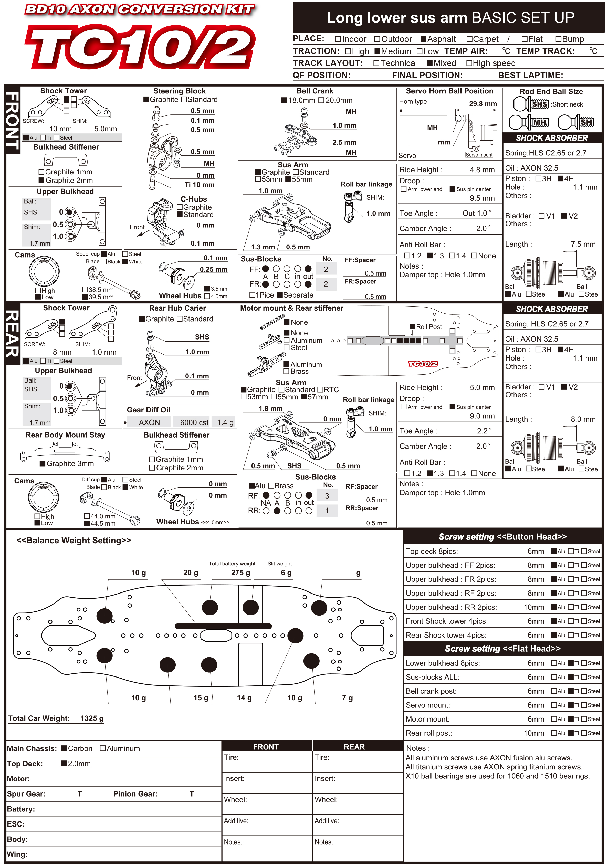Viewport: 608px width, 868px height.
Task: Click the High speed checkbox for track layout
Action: (469, 63)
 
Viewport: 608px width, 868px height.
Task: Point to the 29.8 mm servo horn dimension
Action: (483, 104)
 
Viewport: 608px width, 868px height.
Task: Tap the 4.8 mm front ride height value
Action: (482, 170)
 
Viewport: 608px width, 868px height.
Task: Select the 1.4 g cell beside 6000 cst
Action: (225, 422)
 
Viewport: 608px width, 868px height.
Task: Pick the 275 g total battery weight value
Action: (240, 572)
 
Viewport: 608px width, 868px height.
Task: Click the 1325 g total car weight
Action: (92, 718)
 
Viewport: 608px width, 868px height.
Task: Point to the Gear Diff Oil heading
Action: (148, 410)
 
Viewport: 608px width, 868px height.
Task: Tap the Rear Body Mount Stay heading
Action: (65, 435)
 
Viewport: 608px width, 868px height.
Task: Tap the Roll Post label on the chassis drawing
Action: (428, 327)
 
